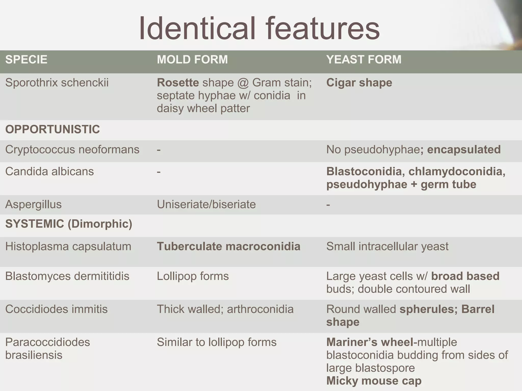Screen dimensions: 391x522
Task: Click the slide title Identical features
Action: pyautogui.click(x=259, y=29)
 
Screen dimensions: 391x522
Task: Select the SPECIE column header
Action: pyautogui.click(x=26, y=60)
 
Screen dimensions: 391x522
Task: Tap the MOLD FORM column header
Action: pyautogui.click(x=192, y=60)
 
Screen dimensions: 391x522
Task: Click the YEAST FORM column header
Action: pyautogui.click(x=364, y=60)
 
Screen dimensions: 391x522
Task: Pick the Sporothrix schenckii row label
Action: pyautogui.click(x=57, y=83)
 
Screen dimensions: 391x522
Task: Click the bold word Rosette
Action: pyautogui.click(x=178, y=83)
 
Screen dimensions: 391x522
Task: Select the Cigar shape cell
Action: pyautogui.click(x=359, y=83)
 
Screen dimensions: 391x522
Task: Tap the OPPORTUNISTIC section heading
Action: pyautogui.click(x=53, y=129)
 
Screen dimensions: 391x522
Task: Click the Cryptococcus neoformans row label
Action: pyautogui.click(x=72, y=150)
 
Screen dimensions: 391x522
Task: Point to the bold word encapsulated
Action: pyautogui.click(x=464, y=150)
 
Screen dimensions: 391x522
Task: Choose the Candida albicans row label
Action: pyautogui.click(x=49, y=172)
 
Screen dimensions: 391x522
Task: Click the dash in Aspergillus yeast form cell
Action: pyautogui.click(x=328, y=204)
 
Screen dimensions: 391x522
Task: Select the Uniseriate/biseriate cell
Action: pyautogui.click(x=206, y=204)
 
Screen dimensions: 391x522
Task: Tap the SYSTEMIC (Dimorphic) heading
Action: pyautogui.click(x=69, y=224)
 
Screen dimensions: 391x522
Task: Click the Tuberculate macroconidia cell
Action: pyautogui.click(x=228, y=246)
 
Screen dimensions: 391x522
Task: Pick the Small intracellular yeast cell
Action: pyautogui.click(x=387, y=246)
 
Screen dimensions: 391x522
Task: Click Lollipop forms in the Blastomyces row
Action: pyautogui.click(x=193, y=276)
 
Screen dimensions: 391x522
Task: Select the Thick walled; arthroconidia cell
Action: pyautogui.click(x=225, y=309)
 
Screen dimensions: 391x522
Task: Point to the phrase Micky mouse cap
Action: pyautogui.click(x=374, y=381)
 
